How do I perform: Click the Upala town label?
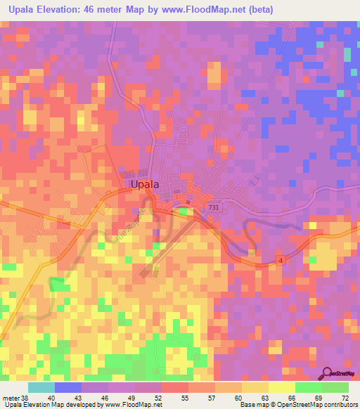(x=144, y=184)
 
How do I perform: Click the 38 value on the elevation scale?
(x=25, y=398)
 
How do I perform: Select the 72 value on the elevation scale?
(x=344, y=398)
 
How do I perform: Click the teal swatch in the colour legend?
(x=41, y=387)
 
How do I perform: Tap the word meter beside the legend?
(x=10, y=398)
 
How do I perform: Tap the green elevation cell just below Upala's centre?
(x=184, y=211)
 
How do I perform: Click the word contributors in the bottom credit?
(x=337, y=405)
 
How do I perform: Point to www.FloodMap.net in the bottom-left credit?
(x=133, y=405)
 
